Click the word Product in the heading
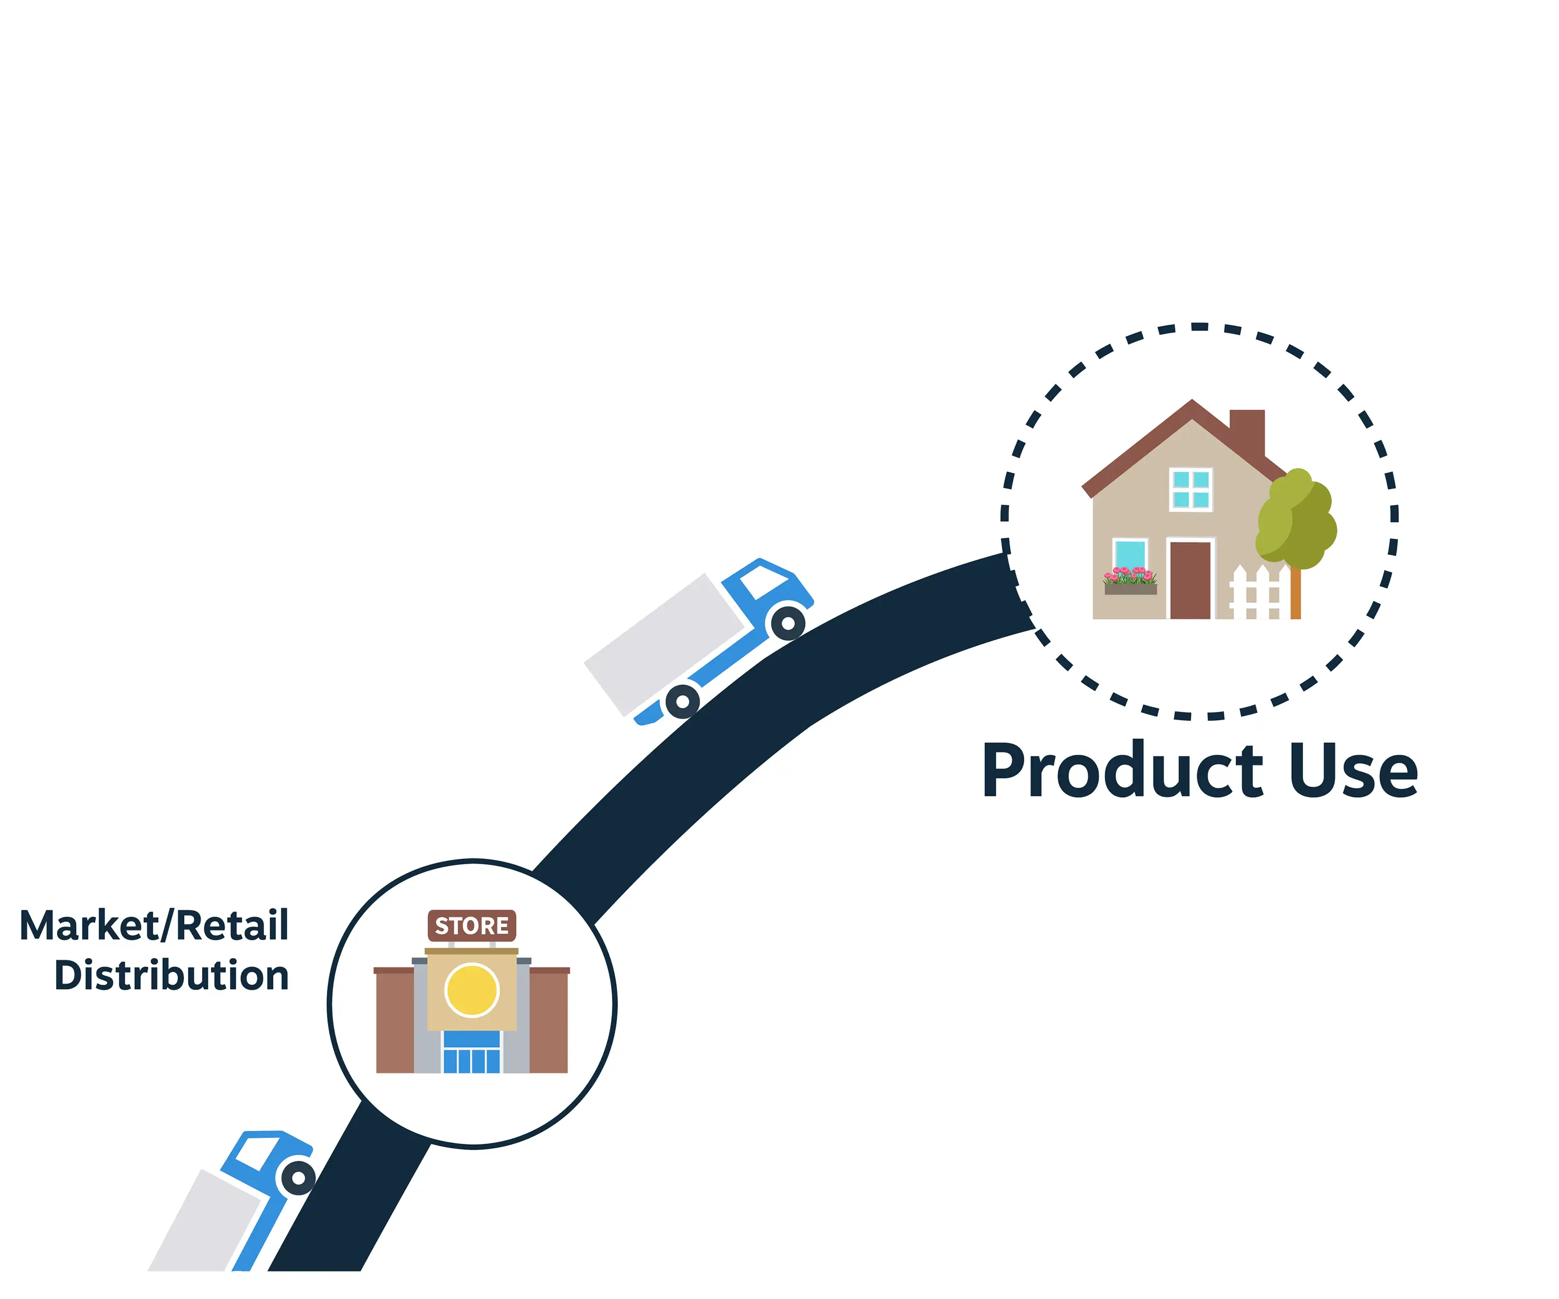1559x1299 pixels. tap(1122, 772)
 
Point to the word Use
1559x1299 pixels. tap(1353, 772)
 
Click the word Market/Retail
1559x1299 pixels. tap(154, 926)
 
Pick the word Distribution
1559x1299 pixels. tap(171, 975)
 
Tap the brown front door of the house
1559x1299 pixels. tap(1190, 580)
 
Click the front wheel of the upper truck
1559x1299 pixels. tap(788, 624)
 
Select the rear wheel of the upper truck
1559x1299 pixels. tap(682, 701)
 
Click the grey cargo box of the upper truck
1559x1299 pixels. tap(665, 644)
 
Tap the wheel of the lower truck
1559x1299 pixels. tap(298, 1178)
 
